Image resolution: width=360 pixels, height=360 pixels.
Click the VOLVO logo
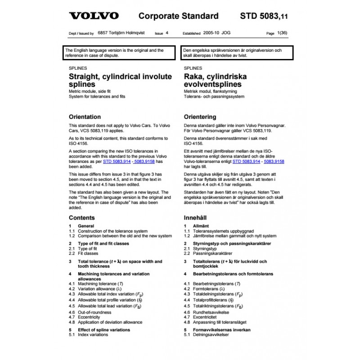[94, 16]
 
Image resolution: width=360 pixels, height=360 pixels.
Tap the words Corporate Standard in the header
[178, 16]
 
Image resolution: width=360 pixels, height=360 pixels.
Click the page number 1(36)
[282, 33]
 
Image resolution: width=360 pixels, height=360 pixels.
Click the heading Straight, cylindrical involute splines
[120, 81]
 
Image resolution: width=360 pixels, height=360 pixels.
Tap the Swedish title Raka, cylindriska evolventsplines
[216, 81]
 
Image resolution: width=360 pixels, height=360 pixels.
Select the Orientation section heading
[85, 117]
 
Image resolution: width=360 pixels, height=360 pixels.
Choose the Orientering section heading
[200, 117]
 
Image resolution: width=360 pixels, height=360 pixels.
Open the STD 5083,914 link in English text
[118, 161]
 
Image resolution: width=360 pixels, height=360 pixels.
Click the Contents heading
[81, 217]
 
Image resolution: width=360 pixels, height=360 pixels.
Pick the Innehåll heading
[196, 217]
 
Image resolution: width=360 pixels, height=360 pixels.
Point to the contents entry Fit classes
[88, 253]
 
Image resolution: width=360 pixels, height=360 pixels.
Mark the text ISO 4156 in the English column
[79, 143]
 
